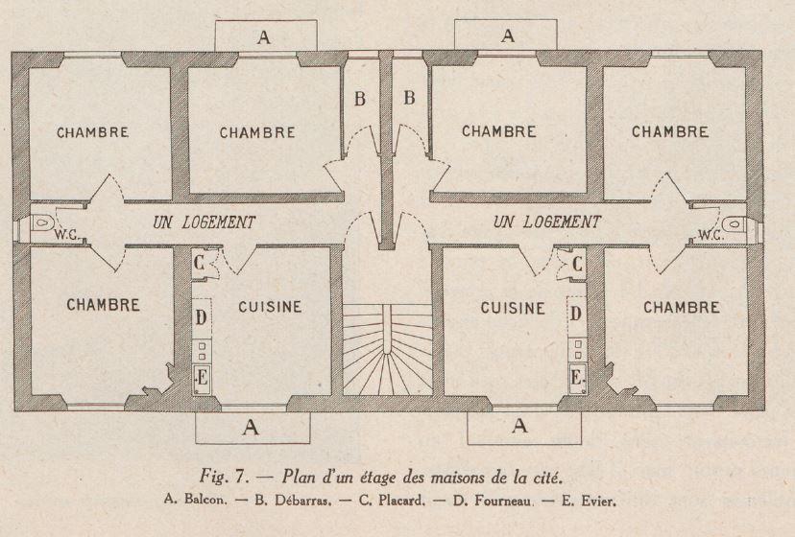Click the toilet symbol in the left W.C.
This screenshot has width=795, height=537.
coord(41,222)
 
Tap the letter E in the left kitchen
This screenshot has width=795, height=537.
coord(203,378)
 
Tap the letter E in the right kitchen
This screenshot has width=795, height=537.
coord(575,378)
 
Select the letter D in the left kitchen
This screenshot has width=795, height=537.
coord(201,317)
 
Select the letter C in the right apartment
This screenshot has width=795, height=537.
coord(577,264)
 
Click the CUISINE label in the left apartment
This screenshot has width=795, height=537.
coord(270,307)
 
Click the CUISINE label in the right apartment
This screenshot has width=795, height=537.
coord(513,308)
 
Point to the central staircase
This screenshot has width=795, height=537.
coord(388,350)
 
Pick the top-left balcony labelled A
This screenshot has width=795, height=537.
coord(266,35)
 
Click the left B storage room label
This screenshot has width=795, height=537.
coord(360,98)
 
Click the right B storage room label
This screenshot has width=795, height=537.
coord(409,97)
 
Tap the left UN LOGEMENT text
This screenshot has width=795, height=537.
coord(205,222)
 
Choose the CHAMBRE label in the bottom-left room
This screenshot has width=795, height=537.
coord(103,305)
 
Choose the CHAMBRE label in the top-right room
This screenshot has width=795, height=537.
coord(670,131)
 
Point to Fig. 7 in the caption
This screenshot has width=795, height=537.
coord(224,477)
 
